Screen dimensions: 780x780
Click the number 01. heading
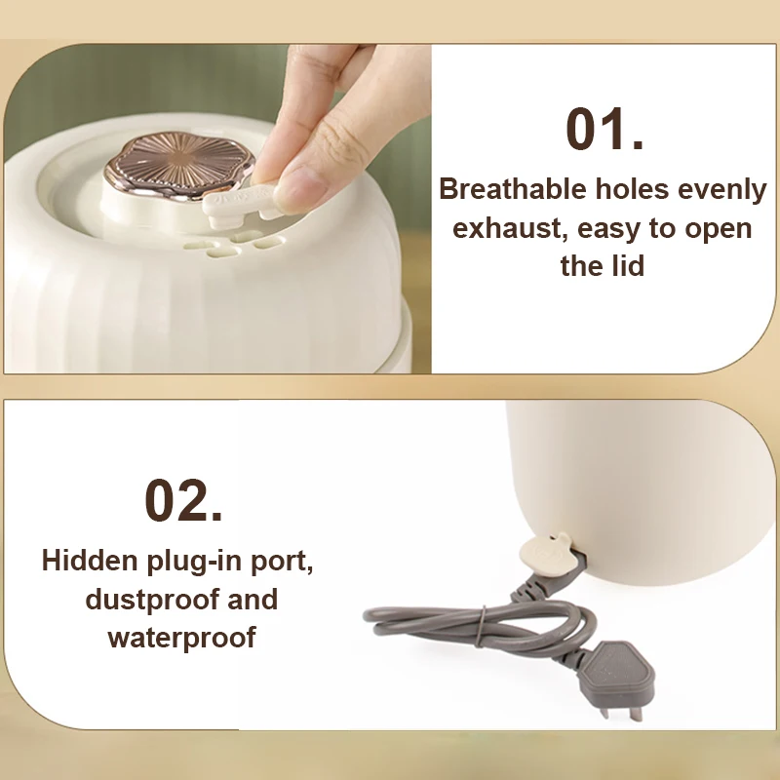(604, 129)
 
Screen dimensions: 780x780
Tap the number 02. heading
(183, 500)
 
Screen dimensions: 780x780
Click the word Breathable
(513, 189)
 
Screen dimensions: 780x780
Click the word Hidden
(90, 560)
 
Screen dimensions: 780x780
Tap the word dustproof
(152, 600)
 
